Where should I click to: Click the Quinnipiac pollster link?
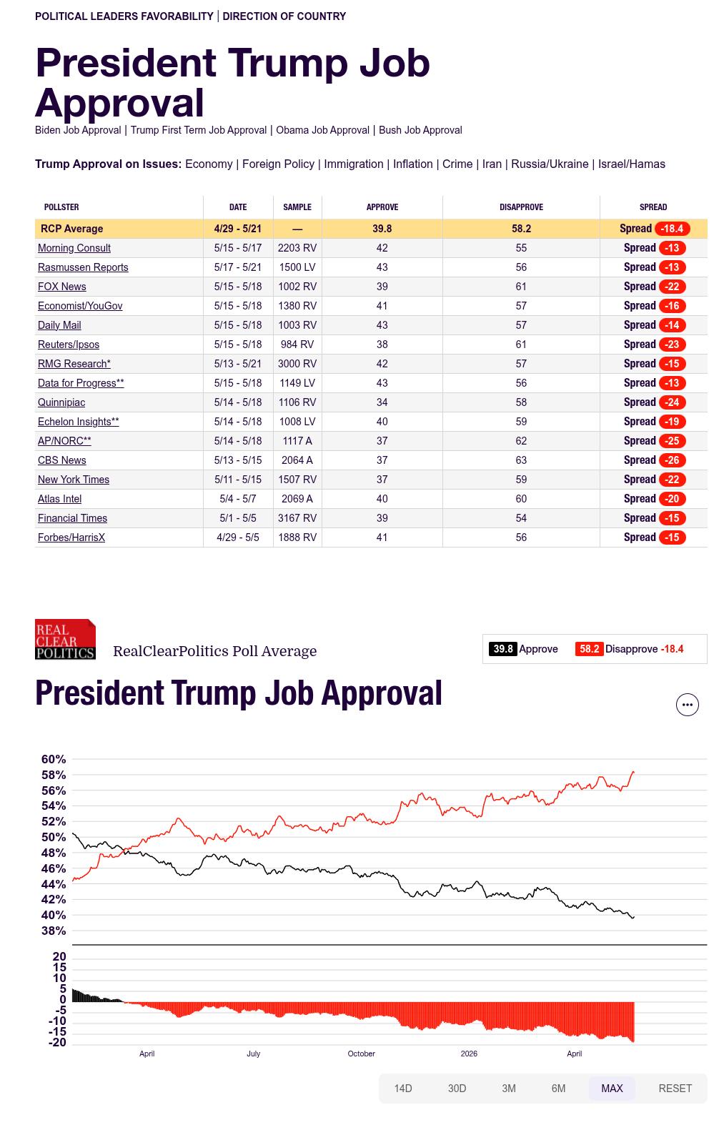61,402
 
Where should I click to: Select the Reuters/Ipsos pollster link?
68,344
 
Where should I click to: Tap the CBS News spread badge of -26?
671,460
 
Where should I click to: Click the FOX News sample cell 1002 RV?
297,287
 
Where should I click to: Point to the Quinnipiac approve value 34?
382,402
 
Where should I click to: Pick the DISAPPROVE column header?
521,207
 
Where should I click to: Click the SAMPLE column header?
297,207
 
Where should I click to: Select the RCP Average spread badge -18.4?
672,229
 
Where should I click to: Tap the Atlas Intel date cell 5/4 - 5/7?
237,498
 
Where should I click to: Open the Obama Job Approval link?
322,130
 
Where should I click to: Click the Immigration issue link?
353,164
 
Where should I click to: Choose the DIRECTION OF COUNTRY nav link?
284,16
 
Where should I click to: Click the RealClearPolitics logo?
65,639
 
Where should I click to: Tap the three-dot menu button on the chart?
687,705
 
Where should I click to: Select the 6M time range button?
558,1088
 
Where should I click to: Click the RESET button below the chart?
675,1088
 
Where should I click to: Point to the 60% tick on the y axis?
54,759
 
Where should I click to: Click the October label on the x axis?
361,1054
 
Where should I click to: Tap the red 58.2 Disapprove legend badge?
589,649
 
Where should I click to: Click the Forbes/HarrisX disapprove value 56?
521,537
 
